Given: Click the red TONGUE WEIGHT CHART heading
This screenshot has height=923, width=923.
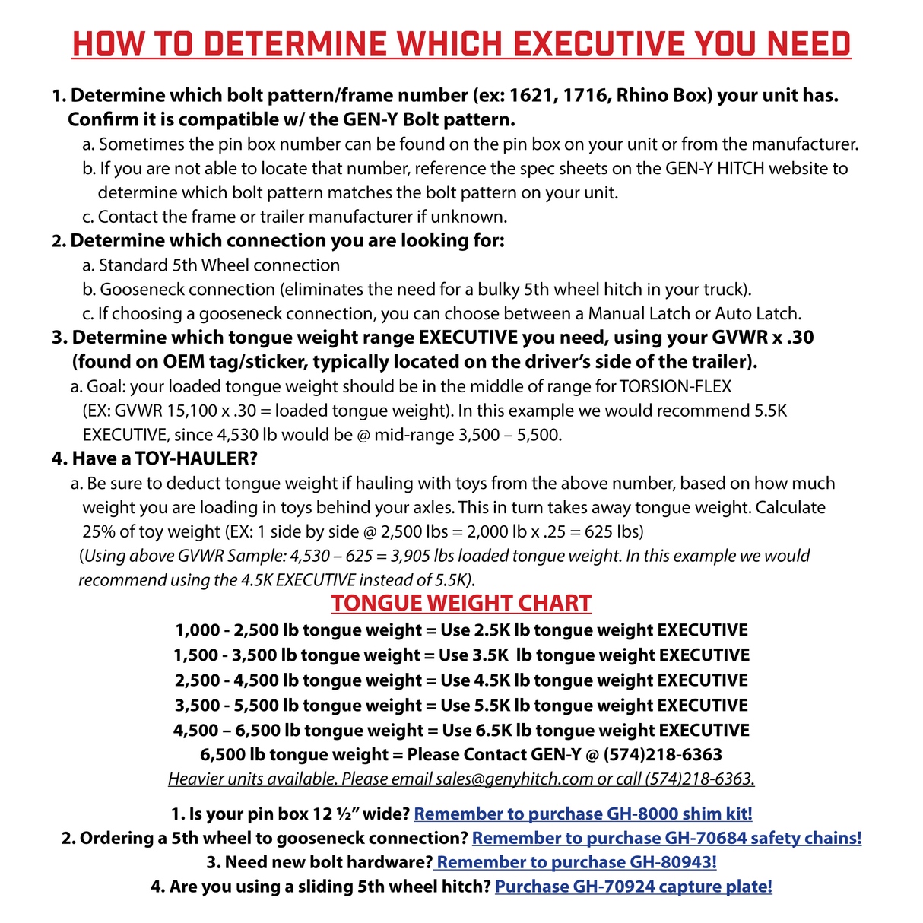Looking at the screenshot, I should click(x=461, y=604).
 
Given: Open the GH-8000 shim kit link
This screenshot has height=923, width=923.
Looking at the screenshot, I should click(x=583, y=814).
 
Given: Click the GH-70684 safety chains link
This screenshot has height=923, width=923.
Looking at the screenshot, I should click(x=667, y=839).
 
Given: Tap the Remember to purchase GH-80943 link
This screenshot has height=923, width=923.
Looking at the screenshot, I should click(x=576, y=863).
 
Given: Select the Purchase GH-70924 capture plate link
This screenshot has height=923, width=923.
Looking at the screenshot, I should click(x=633, y=887).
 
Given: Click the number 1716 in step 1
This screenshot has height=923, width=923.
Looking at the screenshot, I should click(x=584, y=96).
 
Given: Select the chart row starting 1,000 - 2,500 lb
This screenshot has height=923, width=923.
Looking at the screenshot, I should click(x=461, y=630).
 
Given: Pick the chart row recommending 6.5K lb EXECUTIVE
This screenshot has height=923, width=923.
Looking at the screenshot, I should click(x=461, y=731).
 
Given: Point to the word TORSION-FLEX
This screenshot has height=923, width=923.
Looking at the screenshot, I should click(x=675, y=386).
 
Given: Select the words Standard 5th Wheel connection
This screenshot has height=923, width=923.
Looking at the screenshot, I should click(x=219, y=265).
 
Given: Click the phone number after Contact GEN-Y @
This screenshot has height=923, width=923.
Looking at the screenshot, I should click(x=662, y=755).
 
